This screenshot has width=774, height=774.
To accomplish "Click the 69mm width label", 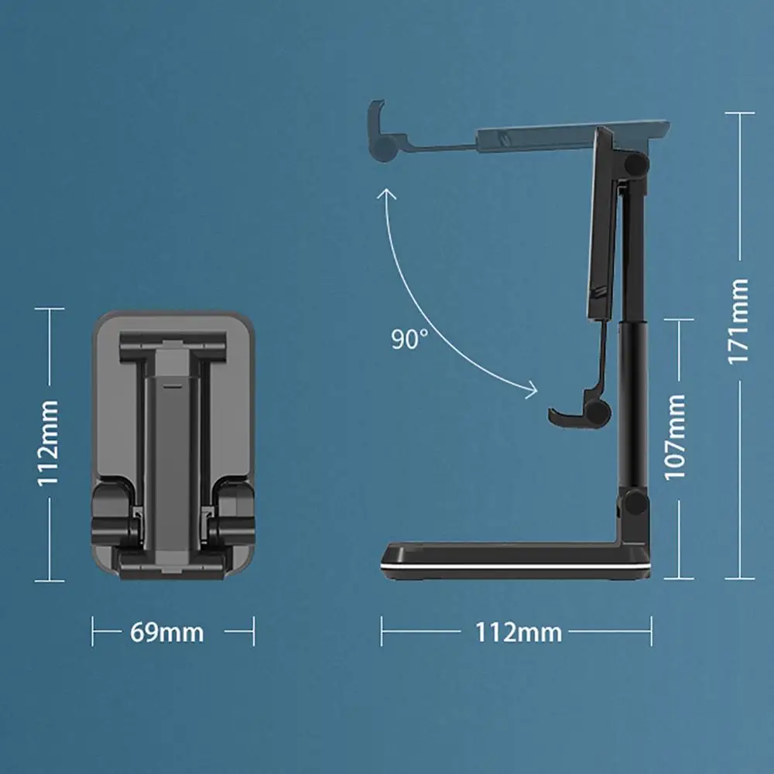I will coord(166,632).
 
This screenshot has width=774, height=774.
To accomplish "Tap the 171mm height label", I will coord(739,321).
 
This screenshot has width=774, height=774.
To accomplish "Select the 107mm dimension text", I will coord(676,436).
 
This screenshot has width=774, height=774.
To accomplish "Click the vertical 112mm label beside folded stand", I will coord(49,442).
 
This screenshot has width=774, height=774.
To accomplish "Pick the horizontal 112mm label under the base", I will coord(518,632).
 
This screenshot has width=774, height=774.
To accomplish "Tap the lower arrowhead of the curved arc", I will coord(532,389).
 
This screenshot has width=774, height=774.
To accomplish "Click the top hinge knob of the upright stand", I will coord(637,164).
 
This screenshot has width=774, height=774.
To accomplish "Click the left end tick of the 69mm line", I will coord(93,632).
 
